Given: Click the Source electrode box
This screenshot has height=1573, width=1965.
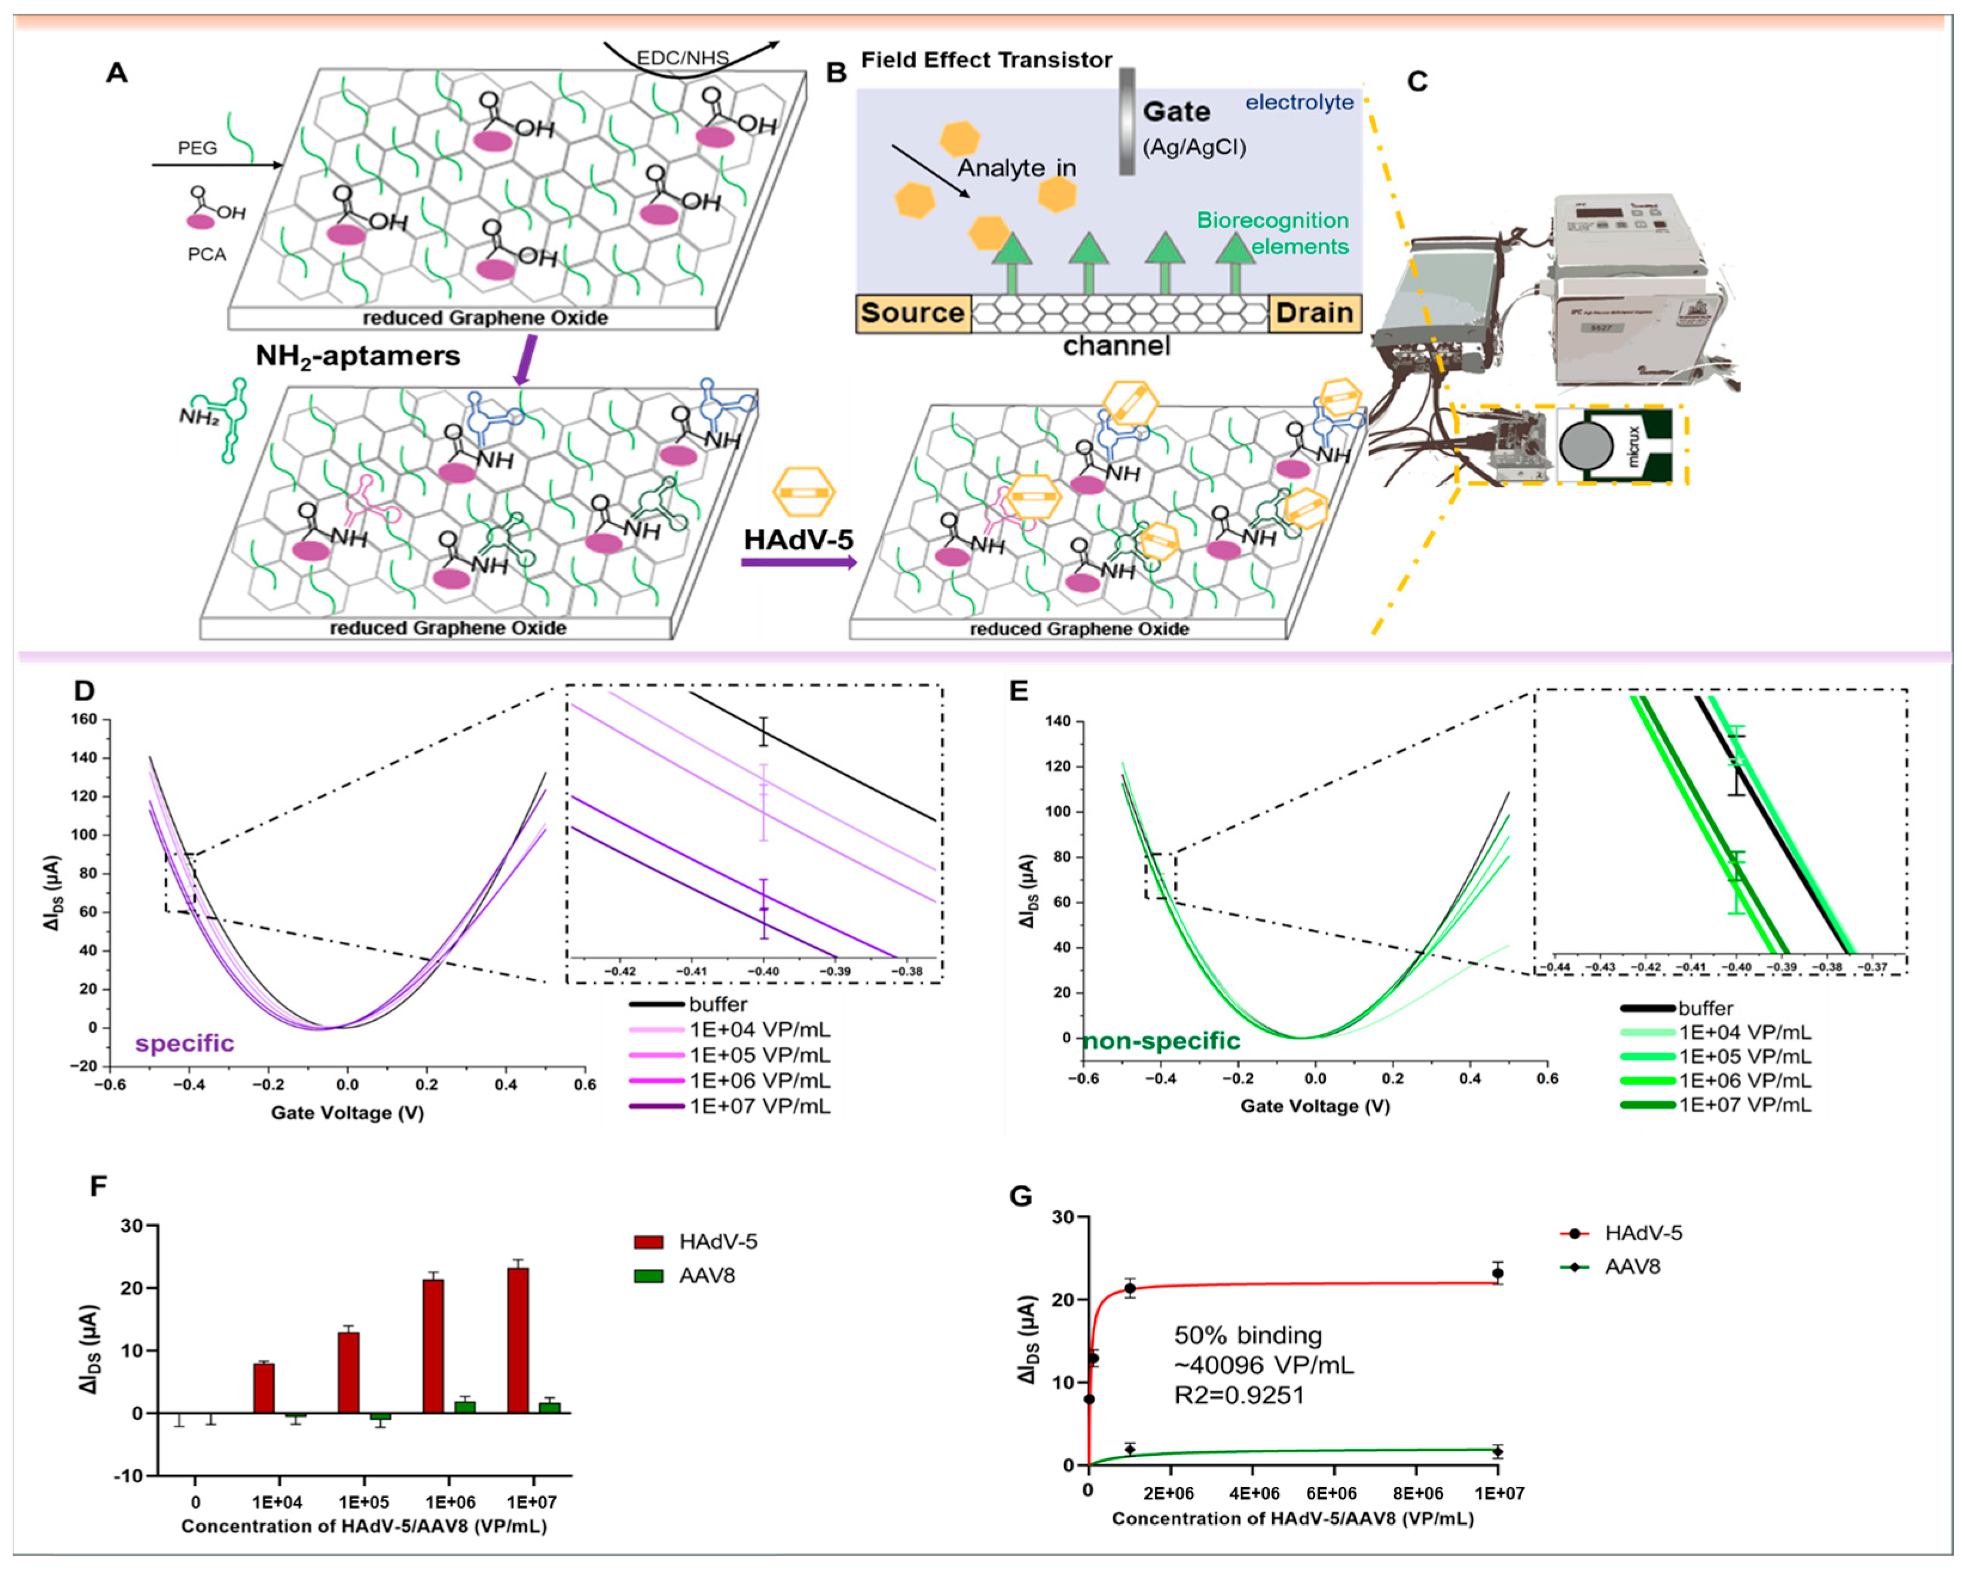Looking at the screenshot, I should coord(912,313).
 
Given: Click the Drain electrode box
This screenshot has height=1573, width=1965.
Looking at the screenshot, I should coord(1314,313).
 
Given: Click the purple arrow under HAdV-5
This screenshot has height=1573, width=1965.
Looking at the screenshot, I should coord(799,562).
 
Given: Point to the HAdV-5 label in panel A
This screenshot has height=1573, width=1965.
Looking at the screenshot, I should coord(799,540).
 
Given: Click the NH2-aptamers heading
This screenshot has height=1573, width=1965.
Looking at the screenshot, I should coord(357,356).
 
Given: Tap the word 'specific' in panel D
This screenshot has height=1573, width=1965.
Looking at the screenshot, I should coord(185,1043).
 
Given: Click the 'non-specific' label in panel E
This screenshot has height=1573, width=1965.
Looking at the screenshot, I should coord(1162,1040).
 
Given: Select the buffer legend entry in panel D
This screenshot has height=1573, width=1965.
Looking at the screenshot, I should coord(717,1004).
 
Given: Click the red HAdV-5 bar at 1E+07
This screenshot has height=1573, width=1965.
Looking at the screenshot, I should coord(518,1340).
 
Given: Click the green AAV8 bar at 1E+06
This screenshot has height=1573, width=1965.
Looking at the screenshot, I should coord(465,1407).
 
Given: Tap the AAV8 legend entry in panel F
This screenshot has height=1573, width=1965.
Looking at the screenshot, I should coord(707,1275).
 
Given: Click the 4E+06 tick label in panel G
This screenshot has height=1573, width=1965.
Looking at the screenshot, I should coord(1254,1493).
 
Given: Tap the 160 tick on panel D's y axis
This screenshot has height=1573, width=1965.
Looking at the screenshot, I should coord(84,719).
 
